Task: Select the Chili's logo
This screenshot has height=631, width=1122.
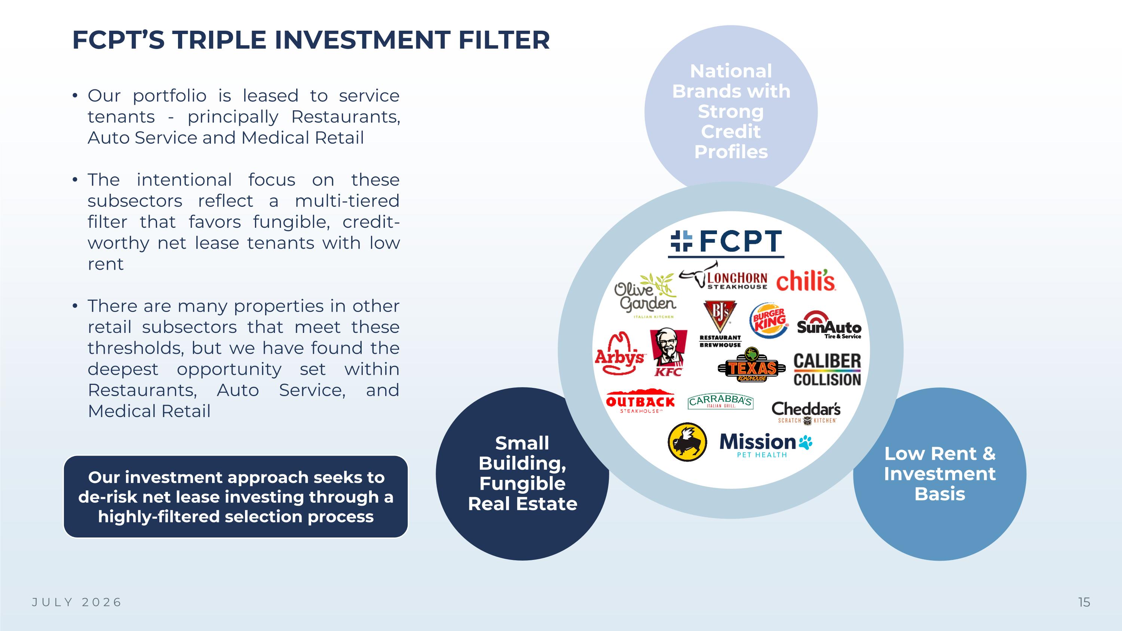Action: (806, 281)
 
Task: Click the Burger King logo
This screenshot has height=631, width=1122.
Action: (769, 321)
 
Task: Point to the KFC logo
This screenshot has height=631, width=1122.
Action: (668, 352)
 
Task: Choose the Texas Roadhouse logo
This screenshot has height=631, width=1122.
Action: (752, 365)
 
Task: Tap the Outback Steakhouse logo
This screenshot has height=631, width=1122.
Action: (640, 401)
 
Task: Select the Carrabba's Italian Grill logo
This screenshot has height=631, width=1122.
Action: (720, 401)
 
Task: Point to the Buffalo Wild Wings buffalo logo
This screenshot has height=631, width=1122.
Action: (687, 442)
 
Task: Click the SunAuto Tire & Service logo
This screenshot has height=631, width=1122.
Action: (829, 325)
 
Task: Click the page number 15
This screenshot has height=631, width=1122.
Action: (1084, 602)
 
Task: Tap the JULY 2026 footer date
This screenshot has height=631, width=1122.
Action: (77, 602)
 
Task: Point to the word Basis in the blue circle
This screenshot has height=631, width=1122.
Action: (940, 494)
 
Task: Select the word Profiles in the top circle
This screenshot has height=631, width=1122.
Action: (731, 152)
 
